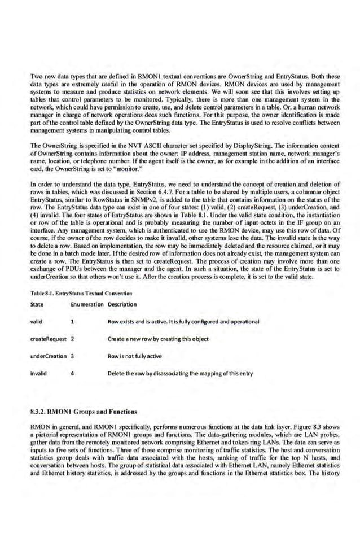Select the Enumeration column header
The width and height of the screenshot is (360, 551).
(86, 304)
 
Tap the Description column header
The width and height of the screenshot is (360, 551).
(121, 304)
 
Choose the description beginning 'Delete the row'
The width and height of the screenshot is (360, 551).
(179, 373)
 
